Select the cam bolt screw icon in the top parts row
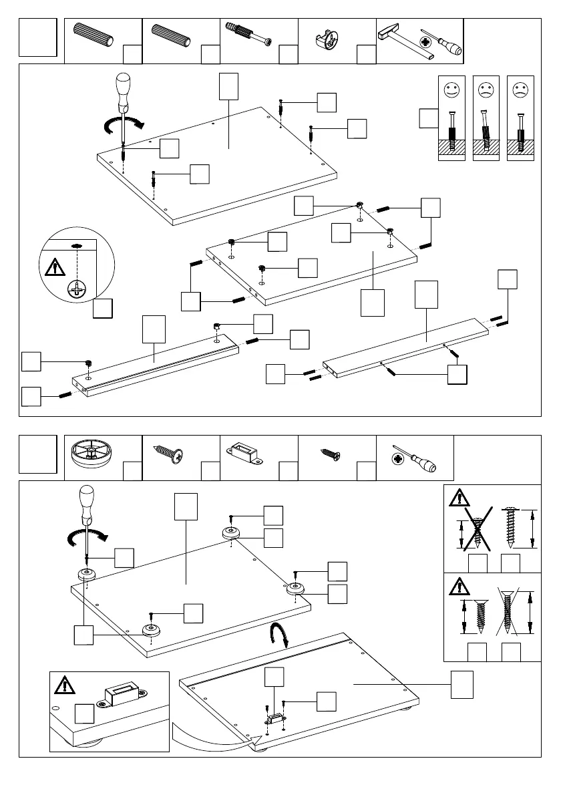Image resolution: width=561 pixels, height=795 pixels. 249,35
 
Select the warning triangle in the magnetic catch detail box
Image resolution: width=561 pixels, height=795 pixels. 65,685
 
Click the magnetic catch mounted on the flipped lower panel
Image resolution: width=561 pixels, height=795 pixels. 274,718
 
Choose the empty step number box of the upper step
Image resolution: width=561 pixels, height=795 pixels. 37,37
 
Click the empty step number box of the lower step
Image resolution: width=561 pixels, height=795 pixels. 37,454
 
